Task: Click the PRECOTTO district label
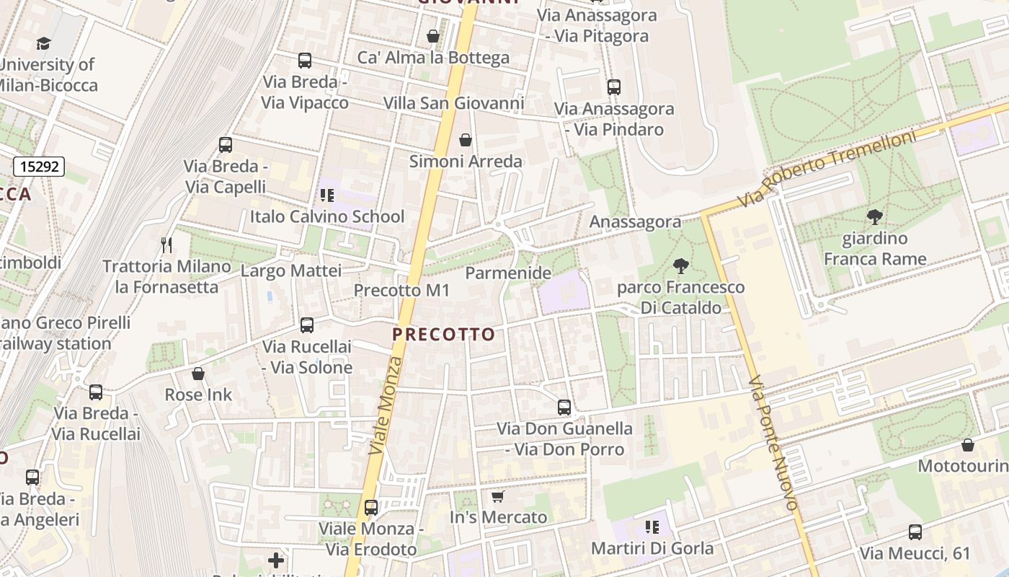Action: (x=444, y=335)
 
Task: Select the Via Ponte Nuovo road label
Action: (x=773, y=443)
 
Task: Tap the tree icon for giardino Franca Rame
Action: (x=875, y=216)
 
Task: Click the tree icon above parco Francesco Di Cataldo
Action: (x=680, y=265)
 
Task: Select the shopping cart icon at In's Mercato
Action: (x=497, y=496)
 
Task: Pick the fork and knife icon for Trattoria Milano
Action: (x=166, y=245)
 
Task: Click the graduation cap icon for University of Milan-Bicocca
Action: (x=44, y=43)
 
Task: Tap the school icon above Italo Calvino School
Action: (x=327, y=195)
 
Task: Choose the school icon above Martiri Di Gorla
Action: (x=652, y=527)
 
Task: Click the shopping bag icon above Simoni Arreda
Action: (x=466, y=139)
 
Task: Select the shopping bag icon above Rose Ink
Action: (x=198, y=374)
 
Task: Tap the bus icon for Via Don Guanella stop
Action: (x=564, y=407)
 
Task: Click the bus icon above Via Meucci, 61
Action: (x=915, y=532)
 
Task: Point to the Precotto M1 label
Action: (x=401, y=291)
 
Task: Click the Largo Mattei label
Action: (x=290, y=271)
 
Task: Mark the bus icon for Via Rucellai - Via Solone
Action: (x=307, y=325)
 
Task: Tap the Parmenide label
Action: (x=508, y=273)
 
